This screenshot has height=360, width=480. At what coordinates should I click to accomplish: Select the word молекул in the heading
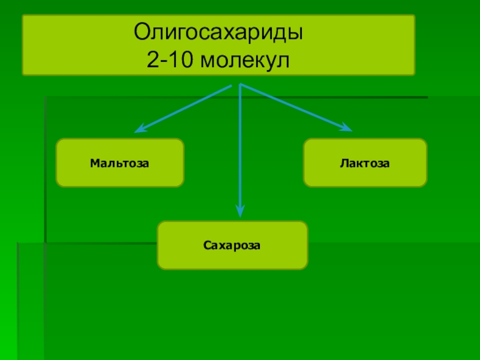coord(242,60)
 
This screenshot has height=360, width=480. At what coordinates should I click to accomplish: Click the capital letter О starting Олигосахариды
coord(141,32)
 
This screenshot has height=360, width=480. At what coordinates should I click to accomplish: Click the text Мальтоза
coord(119,163)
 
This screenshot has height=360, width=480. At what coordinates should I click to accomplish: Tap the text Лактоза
coord(365,163)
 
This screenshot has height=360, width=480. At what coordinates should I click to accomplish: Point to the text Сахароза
coord(232,245)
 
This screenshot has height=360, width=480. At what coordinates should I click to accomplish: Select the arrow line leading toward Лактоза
coord(294,107)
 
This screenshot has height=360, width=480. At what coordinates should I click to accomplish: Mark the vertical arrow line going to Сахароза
coord(240,150)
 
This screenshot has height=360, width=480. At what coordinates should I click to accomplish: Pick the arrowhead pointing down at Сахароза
coord(240,211)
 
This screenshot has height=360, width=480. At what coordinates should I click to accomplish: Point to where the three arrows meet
coord(239,86)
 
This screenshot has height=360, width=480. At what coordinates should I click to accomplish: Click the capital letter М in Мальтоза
coord(95,163)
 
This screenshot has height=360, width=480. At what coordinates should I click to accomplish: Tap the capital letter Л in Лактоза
coord(343,163)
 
